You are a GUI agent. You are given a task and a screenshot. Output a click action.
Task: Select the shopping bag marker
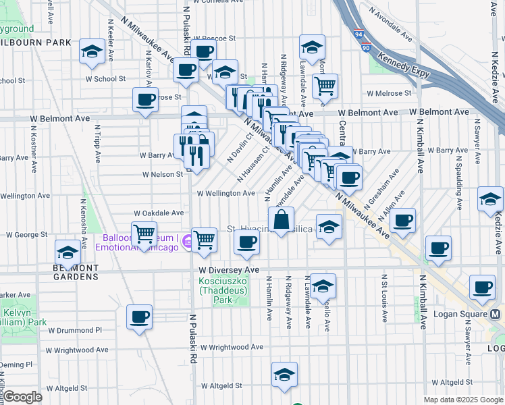tap(281, 219)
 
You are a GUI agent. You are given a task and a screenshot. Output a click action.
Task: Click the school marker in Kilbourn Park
tap(91, 51)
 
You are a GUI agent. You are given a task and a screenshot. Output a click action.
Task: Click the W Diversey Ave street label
tap(229, 270)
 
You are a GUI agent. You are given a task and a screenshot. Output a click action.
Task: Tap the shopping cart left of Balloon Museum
tap(144, 234)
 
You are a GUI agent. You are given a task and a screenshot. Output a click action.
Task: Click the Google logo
tap(22, 397)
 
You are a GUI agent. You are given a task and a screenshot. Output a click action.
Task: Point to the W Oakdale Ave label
tap(159, 213)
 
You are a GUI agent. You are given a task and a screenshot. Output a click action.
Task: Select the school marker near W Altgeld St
tap(284, 374)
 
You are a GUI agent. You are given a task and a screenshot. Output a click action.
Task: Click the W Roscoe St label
tap(213, 38)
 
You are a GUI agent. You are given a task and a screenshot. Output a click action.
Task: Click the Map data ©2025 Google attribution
tap(462, 400)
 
